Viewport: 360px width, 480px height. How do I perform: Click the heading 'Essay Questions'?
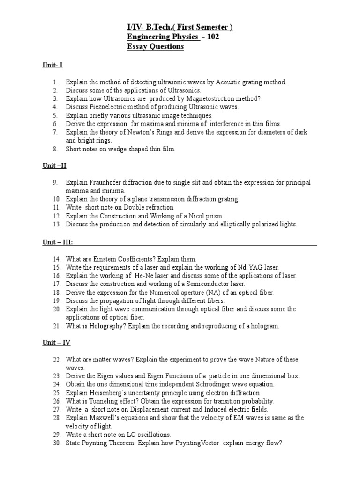coord(156,47)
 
